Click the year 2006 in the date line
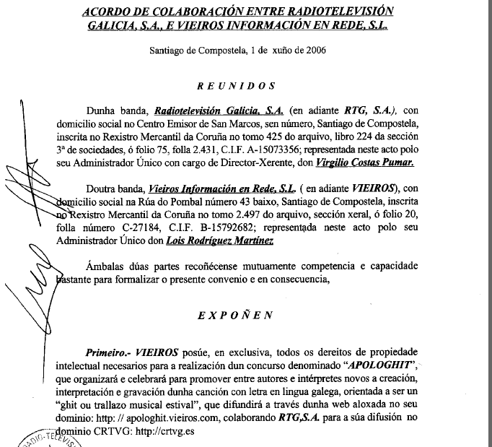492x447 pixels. coord(314,51)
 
